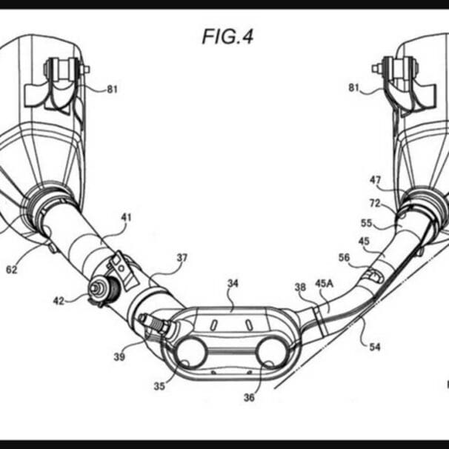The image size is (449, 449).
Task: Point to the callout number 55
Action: point(366,222)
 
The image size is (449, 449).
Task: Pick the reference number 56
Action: point(344,257)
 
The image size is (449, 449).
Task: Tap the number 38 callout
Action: point(299,287)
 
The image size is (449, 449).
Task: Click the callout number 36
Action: point(249,397)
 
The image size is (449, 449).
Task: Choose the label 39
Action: point(119,356)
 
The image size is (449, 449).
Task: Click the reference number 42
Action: point(59,300)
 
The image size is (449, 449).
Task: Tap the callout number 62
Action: point(11,270)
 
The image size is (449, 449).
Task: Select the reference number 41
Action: point(126,217)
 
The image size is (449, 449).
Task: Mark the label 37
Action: point(182,258)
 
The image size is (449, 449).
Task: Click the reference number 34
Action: point(233,283)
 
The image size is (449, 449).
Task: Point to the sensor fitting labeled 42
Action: point(98,289)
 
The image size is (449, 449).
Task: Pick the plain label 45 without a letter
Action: point(363,241)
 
